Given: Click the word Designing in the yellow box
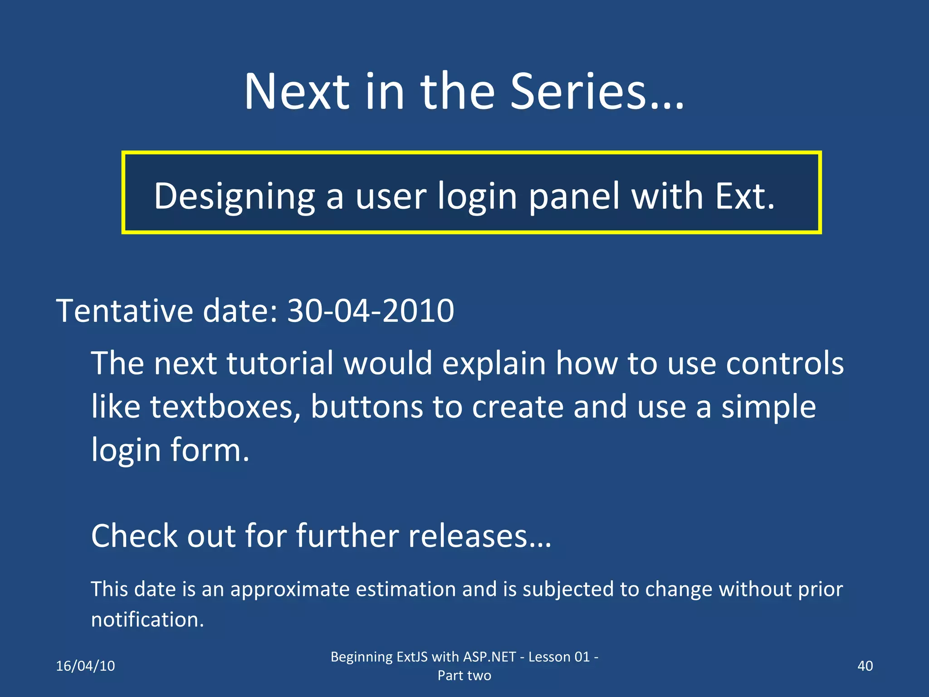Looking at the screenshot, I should (234, 196).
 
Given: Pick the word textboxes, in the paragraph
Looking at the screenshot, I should (225, 407).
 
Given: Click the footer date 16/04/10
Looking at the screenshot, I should (85, 666).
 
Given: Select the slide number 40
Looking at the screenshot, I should (865, 666).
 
